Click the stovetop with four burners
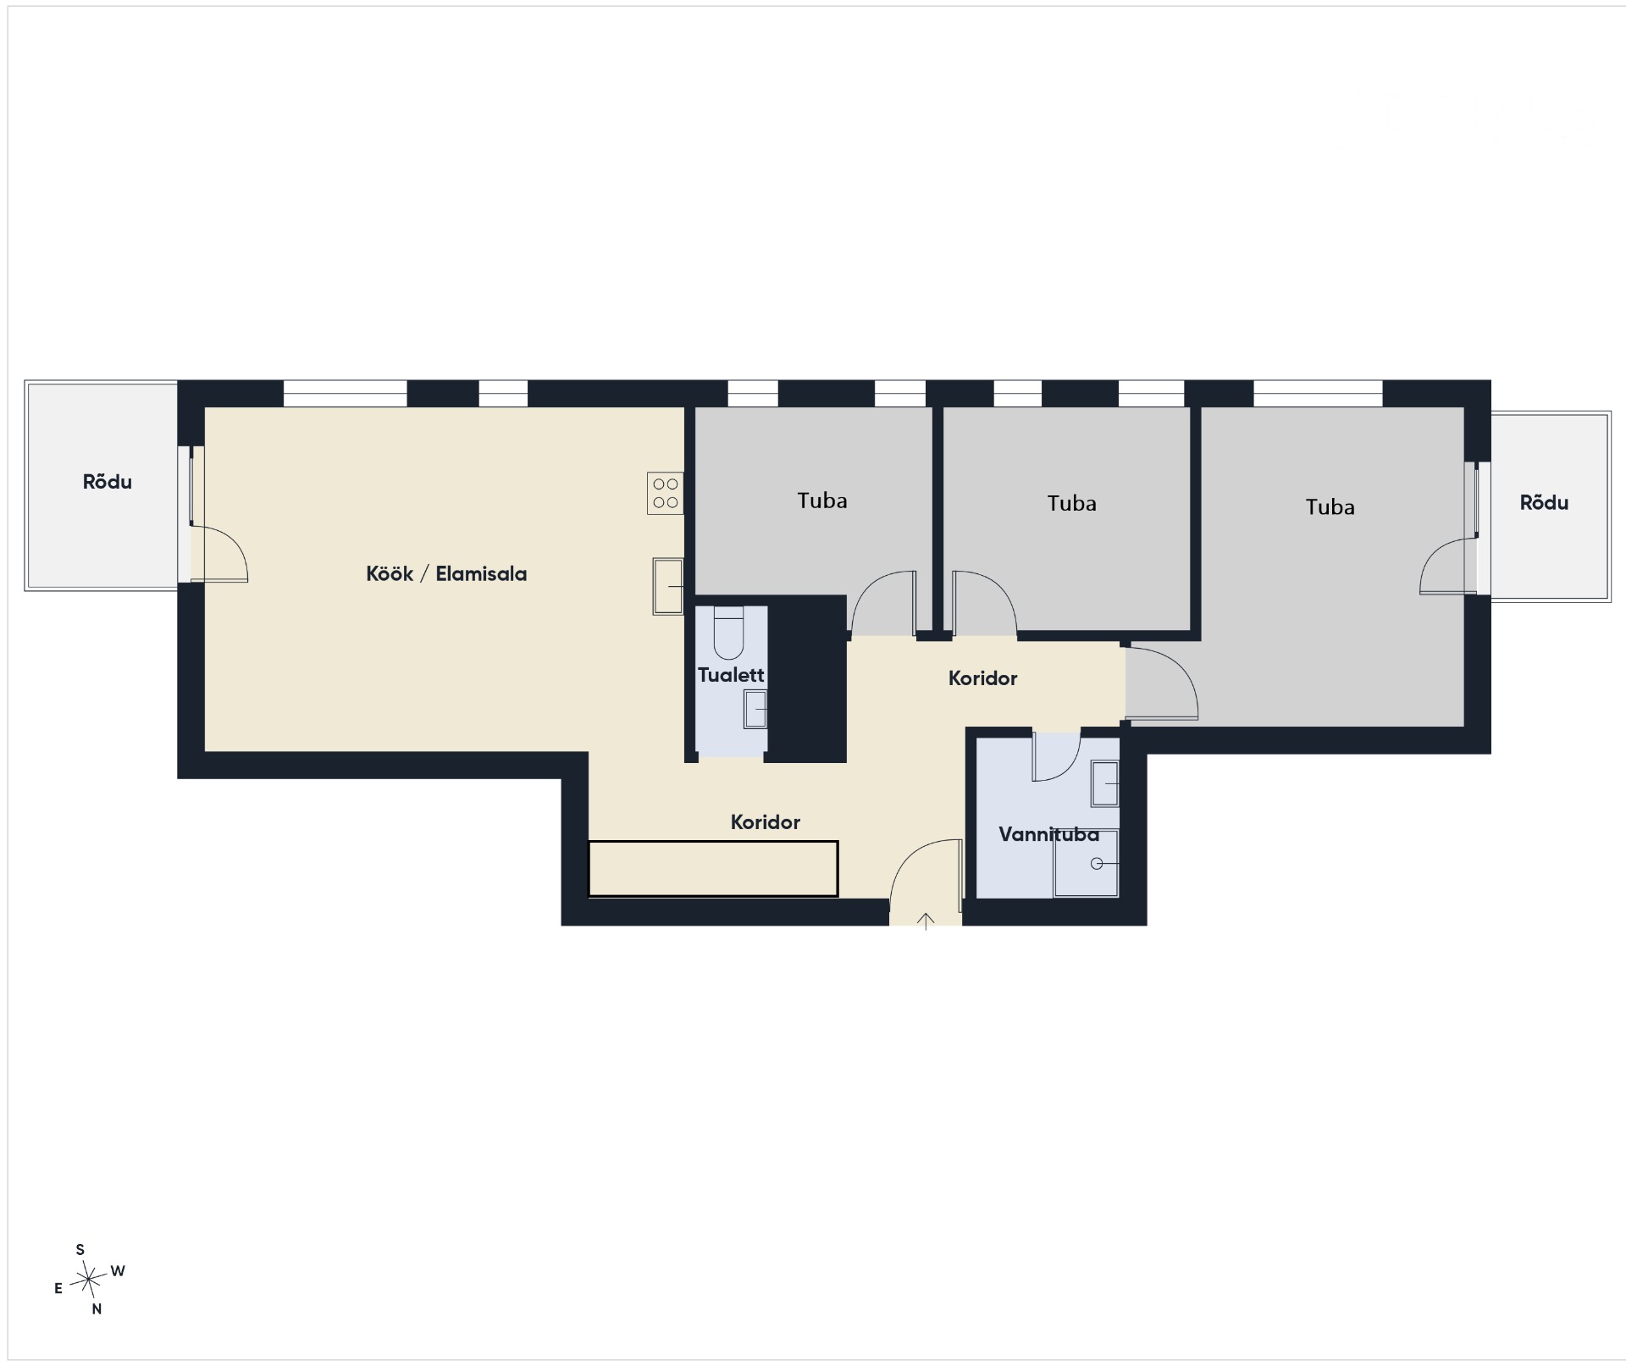[x=666, y=493]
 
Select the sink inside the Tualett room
[x=755, y=709]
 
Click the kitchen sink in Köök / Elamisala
[x=668, y=586]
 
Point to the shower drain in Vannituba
[x=1097, y=864]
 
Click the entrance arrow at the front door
[x=926, y=921]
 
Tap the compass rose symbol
[x=88, y=1278]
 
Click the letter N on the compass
[x=97, y=1309]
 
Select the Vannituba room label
[x=1048, y=835]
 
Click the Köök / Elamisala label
[x=446, y=573]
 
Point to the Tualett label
[x=731, y=675]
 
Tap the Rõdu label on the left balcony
[x=108, y=482]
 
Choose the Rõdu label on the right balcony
[x=1544, y=502]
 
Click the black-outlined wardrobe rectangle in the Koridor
[x=713, y=868]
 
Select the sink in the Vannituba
[x=1105, y=783]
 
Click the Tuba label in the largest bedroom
[x=1330, y=506]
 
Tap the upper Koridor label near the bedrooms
[x=982, y=678]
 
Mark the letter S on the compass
[x=80, y=1249]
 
